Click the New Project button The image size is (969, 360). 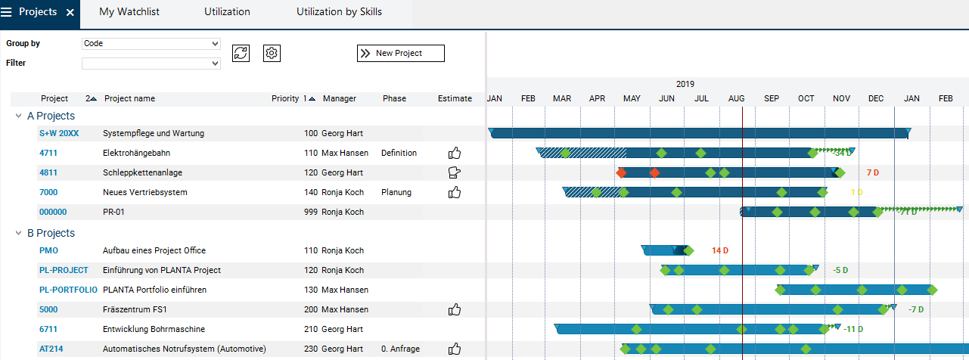[400, 53]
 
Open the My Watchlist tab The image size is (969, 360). [129, 12]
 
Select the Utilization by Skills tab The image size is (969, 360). [339, 12]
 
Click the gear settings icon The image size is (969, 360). [272, 53]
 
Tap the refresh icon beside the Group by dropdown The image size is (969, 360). [241, 53]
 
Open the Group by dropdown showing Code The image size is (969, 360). [151, 44]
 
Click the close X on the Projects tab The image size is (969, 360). [70, 13]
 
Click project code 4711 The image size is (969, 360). [48, 153]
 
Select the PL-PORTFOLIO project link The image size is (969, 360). [68, 290]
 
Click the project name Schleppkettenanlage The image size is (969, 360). [142, 172]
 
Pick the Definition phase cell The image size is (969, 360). [399, 153]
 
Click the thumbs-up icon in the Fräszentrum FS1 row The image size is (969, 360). [455, 309]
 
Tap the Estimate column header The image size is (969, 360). [455, 98]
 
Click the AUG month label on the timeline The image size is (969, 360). [736, 98]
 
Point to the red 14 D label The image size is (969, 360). [719, 250]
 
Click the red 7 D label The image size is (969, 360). [872, 172]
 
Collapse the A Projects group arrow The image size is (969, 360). [19, 116]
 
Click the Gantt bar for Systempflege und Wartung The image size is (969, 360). [696, 133]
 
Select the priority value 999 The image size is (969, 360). [310, 212]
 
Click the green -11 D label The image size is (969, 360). [853, 329]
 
